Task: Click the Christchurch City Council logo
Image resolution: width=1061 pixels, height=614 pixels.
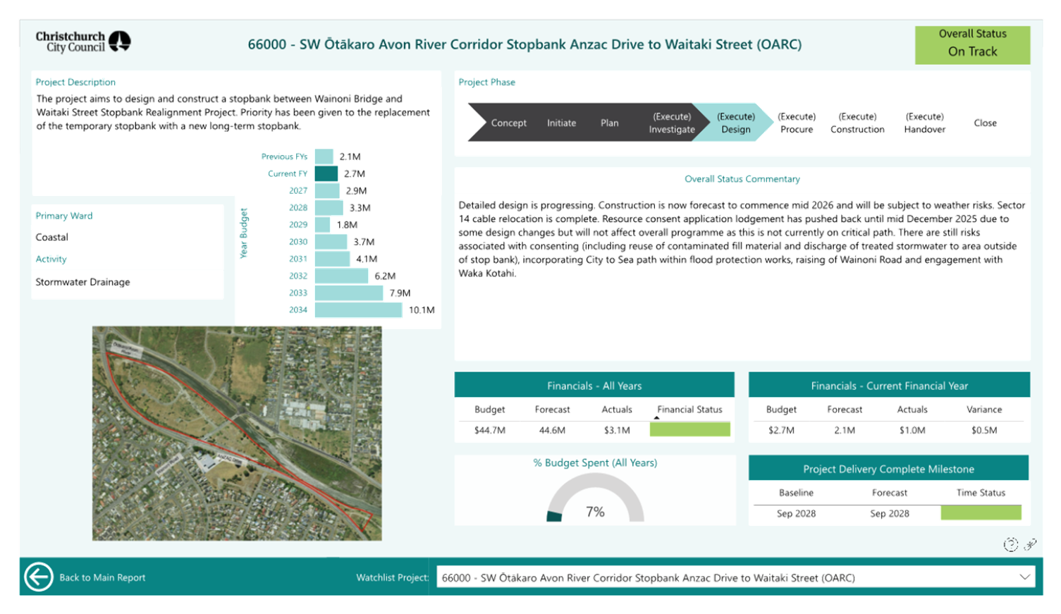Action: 83,42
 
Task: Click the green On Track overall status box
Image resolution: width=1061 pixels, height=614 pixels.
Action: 972,45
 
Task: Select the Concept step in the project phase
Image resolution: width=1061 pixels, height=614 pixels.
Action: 508,123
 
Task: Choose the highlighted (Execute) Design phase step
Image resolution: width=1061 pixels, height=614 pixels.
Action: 735,123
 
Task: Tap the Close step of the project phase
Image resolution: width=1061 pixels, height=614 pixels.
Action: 985,123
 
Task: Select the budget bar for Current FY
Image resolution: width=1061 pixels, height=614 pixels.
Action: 326,173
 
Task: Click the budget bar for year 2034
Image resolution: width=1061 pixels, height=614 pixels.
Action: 358,309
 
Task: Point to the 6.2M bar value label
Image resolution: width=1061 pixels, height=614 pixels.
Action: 385,276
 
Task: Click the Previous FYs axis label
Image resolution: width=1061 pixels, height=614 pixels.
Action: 284,156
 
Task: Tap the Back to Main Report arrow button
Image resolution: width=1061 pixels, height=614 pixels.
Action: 38,577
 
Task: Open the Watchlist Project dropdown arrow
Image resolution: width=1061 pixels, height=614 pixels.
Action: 1024,577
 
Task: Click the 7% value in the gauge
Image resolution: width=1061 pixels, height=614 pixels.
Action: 595,512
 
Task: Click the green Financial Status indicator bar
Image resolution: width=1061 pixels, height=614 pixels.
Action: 689,429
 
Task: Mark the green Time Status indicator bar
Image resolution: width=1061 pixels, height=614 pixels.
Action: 981,513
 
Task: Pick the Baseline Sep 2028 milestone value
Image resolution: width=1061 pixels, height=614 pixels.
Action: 796,513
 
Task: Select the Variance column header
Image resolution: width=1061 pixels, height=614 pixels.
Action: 983,409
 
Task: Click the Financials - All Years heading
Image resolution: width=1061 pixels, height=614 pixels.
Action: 594,386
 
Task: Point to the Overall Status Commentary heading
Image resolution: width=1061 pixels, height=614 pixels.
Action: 742,179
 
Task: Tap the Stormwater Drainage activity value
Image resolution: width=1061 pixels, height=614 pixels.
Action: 82,282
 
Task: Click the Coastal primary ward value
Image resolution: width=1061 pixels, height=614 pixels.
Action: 51,237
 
